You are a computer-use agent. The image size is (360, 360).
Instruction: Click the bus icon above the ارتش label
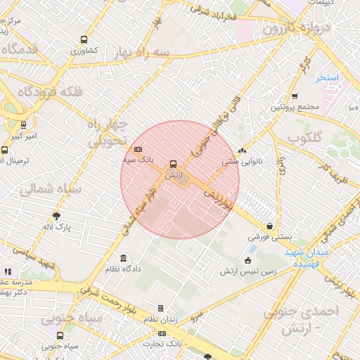click(x=173, y=164)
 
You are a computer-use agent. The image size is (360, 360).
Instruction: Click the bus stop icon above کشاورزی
click(x=84, y=40)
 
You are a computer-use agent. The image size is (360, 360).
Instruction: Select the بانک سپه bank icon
click(x=138, y=149)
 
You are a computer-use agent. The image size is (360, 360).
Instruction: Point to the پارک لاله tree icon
click(x=56, y=216)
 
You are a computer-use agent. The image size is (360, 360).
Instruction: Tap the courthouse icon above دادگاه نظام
click(x=124, y=258)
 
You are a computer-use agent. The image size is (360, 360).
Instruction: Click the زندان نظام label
click(x=160, y=320)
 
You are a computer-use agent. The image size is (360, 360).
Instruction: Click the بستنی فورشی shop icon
click(x=270, y=226)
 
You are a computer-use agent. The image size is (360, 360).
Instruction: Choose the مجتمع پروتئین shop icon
click(x=294, y=96)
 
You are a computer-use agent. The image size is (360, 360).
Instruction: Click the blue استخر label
click(x=327, y=77)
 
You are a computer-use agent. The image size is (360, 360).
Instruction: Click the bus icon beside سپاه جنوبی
click(x=60, y=335)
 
